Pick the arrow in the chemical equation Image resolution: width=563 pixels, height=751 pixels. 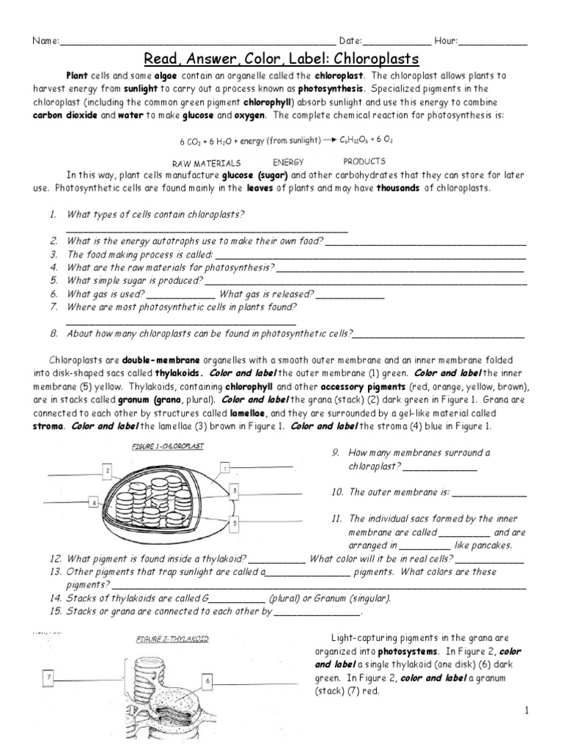pos(331,139)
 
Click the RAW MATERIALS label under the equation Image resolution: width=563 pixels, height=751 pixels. pos(207,163)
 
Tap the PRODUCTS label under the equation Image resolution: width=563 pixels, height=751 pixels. pos(364,161)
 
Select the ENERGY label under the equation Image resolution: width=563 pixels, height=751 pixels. pos(288,161)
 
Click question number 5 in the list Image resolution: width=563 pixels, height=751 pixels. pos(54,280)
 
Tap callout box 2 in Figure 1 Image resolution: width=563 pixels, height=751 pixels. pos(107,470)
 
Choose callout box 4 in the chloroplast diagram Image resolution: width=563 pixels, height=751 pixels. pos(94,502)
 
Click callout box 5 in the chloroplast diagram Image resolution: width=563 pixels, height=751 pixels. pos(233,524)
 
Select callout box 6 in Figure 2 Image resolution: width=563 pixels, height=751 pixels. pos(208,681)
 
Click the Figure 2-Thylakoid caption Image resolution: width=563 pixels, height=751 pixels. pos(172,639)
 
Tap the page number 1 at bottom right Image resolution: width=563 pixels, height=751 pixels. pos(526,710)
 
